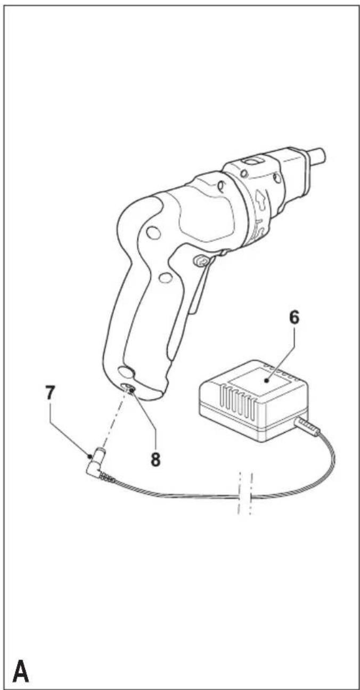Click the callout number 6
point(294,317)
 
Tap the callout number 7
point(50,393)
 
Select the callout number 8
point(156,459)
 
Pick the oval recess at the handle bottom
point(126,372)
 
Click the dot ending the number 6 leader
point(267,381)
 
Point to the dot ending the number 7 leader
point(90,456)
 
